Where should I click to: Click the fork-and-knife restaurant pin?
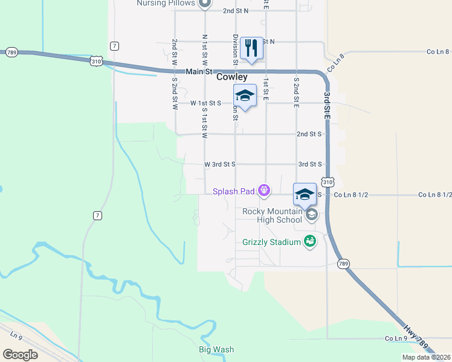click(251, 48)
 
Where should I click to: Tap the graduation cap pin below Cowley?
click(245, 96)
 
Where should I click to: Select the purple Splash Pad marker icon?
click(263, 191)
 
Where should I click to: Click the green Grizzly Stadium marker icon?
click(310, 241)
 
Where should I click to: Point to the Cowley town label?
click(232, 77)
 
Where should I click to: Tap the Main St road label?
click(200, 71)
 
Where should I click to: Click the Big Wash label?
click(216, 349)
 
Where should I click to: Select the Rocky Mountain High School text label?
click(271, 215)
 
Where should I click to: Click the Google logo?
click(20, 354)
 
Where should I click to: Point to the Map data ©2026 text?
click(426, 357)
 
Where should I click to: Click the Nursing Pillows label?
click(166, 3)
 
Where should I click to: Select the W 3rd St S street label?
click(219, 164)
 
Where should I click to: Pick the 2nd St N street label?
click(236, 11)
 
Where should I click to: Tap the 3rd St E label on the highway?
click(327, 104)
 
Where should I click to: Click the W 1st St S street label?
click(205, 103)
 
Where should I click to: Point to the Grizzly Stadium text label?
click(271, 242)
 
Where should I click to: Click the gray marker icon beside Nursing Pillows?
click(204, 3)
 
